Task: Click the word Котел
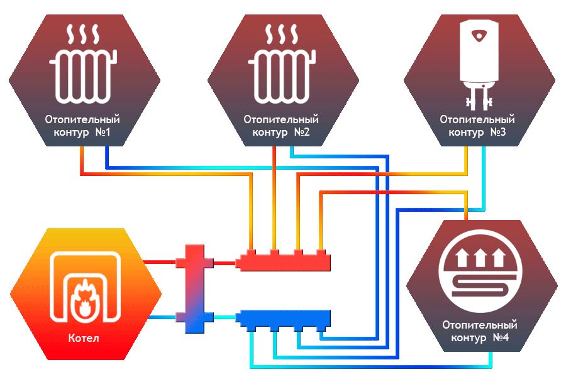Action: pos(84,339)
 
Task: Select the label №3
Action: pos(498,133)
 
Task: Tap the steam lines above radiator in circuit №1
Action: pos(82,33)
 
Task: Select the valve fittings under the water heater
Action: pos(477,98)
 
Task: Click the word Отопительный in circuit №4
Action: pos(480,325)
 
